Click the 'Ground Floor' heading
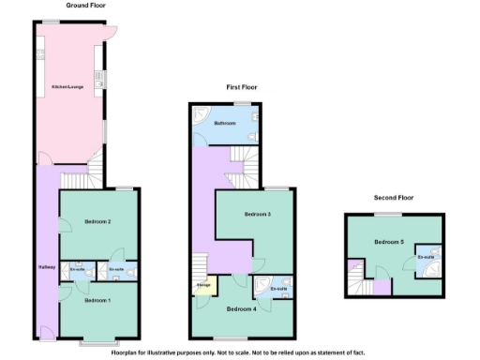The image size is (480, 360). click(x=84, y=5)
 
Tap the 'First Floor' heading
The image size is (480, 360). click(x=242, y=86)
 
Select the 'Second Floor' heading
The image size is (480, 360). click(x=394, y=198)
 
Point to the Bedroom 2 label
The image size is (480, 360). click(x=97, y=221)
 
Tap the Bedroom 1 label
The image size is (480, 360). click(x=97, y=300)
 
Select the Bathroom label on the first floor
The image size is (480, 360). click(x=225, y=123)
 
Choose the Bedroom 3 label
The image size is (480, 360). click(x=258, y=215)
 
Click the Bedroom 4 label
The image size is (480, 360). click(x=242, y=308)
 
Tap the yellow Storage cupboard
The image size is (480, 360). click(x=202, y=285)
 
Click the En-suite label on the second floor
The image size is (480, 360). click(x=427, y=257)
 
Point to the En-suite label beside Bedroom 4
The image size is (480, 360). click(x=278, y=289)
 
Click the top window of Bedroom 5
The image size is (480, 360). click(x=391, y=214)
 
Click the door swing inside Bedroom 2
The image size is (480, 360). click(x=65, y=226)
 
